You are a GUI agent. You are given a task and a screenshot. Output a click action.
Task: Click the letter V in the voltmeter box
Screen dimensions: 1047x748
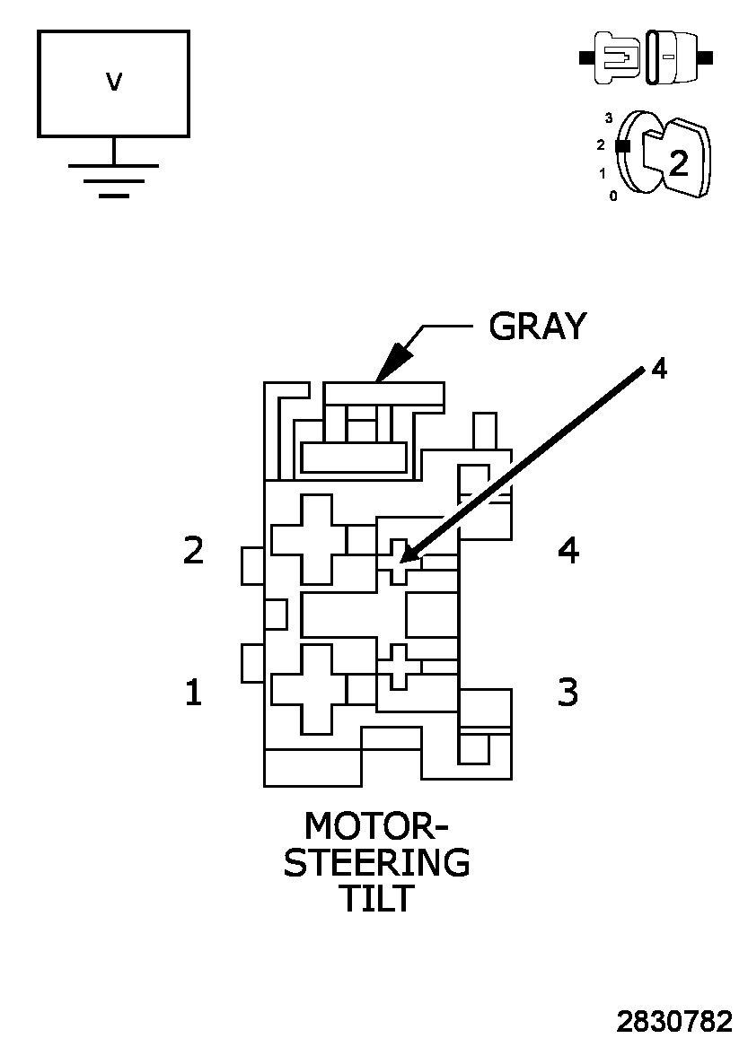(113, 83)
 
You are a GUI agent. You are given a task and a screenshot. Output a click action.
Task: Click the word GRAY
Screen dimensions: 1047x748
(537, 327)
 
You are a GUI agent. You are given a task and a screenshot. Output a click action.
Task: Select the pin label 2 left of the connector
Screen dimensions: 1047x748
(193, 550)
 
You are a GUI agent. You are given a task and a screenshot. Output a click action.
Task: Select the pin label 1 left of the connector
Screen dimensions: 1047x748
(193, 692)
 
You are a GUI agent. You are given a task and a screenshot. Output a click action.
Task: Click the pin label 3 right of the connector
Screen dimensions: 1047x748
(568, 692)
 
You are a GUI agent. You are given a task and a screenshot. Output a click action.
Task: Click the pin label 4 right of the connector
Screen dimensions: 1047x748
(568, 550)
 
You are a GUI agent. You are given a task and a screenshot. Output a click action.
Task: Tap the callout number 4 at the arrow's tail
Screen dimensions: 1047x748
(658, 369)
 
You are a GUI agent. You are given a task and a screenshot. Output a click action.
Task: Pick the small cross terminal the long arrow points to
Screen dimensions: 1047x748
(400, 563)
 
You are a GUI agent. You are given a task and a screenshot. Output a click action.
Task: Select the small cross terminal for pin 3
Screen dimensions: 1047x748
(399, 667)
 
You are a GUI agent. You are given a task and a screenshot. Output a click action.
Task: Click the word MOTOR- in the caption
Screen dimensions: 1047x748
(376, 826)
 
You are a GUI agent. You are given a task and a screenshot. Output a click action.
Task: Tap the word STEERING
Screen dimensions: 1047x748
(376, 862)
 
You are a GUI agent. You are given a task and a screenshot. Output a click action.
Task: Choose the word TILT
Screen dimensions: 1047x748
(376, 898)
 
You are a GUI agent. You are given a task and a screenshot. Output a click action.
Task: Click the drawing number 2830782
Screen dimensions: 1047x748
(674, 1022)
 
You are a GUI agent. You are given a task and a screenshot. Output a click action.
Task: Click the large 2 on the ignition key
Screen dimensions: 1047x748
(679, 162)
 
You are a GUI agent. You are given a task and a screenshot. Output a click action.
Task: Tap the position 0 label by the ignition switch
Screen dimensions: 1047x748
(613, 196)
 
